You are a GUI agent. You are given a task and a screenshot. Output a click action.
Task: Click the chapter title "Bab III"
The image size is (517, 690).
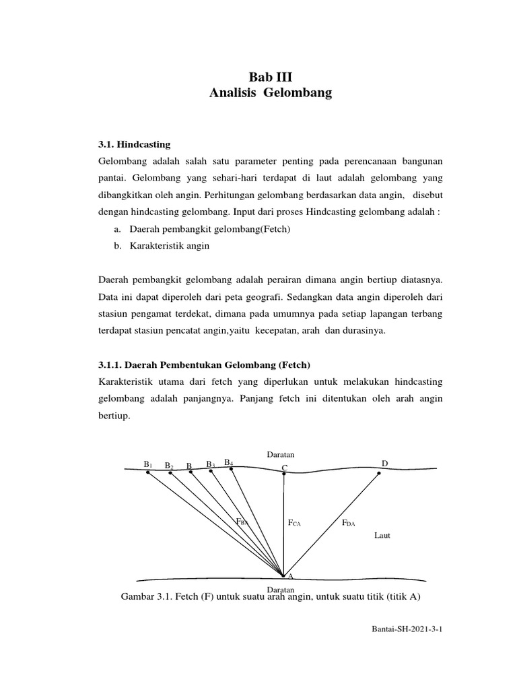[271, 77]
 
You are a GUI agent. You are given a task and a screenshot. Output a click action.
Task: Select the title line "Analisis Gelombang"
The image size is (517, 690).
[271, 94]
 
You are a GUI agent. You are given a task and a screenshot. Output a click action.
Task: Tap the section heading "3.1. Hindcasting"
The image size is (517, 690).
[135, 144]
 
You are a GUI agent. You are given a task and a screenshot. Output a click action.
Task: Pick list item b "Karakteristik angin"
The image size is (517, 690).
[162, 246]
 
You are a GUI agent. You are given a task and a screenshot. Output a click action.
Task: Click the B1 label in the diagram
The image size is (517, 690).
[147, 464]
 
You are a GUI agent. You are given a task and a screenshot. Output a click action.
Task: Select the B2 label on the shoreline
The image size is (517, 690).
[169, 466]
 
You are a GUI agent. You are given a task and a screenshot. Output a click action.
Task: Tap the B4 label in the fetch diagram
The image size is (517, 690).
[229, 462]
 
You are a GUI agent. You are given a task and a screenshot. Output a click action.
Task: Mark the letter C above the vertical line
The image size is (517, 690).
[284, 468]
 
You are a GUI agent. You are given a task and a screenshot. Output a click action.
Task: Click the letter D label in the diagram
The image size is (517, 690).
[385, 464]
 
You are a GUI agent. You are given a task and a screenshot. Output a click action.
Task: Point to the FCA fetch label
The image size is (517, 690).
[294, 522]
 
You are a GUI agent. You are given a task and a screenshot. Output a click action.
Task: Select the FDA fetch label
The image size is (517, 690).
[348, 522]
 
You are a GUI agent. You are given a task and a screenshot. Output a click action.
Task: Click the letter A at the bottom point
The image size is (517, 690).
[290, 577]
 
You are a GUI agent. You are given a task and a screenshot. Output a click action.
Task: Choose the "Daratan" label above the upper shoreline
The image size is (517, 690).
[281, 455]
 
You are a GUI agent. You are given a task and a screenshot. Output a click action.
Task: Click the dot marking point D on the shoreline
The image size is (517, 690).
[379, 473]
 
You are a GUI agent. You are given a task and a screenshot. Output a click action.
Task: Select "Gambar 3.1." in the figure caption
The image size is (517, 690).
[143, 597]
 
